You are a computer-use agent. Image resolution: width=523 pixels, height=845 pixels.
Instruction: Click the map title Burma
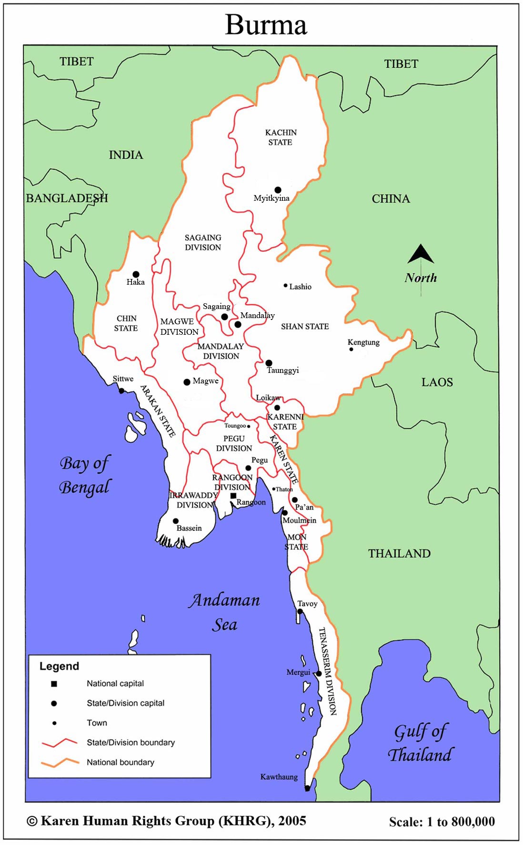[266, 25]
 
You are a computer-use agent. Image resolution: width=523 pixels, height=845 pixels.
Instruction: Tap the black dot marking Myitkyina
[278, 190]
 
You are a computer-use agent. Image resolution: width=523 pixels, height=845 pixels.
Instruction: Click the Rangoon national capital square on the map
[233, 496]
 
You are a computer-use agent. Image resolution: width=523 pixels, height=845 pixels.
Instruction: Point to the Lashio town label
[300, 287]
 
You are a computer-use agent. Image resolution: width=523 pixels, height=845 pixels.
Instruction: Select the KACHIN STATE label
[281, 137]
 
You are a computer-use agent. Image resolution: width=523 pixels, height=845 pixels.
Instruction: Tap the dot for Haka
[136, 274]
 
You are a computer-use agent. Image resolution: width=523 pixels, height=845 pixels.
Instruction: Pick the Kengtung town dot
[351, 350]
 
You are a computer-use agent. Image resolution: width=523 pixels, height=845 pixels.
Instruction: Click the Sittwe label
[123, 379]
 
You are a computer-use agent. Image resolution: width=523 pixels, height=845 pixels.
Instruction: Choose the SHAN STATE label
[305, 327]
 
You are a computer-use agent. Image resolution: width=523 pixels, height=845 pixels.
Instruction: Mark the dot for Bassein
[176, 521]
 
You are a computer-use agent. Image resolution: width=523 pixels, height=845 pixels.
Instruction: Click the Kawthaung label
[279, 777]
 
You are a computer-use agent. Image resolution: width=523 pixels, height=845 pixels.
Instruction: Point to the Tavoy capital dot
[300, 611]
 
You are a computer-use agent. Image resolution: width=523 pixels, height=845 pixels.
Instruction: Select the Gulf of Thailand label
[420, 743]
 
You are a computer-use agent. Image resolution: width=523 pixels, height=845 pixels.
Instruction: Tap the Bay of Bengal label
[85, 475]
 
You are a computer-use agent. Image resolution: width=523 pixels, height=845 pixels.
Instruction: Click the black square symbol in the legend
[54, 684]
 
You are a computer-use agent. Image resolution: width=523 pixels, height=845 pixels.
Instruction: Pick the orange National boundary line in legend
[60, 762]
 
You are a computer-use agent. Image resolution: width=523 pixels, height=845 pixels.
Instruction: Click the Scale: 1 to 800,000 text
[442, 822]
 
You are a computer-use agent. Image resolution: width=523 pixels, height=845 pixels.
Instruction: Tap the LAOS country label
[437, 382]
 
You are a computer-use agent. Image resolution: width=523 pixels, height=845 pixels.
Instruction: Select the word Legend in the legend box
[59, 666]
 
